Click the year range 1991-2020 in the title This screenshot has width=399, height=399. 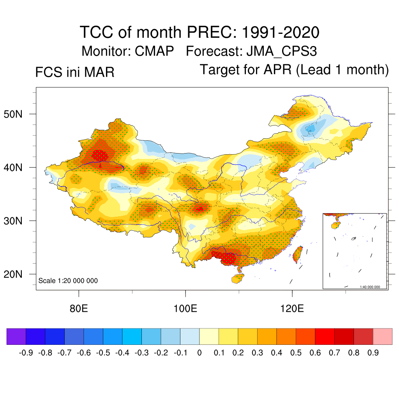(x=281, y=32)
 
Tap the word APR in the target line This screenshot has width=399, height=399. (x=278, y=70)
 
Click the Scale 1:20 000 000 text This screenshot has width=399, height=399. (x=68, y=281)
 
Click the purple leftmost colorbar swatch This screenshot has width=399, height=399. (x=16, y=336)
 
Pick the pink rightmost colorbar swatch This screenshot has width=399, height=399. (x=383, y=336)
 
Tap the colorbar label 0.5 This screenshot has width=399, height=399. (x=296, y=353)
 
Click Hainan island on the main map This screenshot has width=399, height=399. (x=238, y=278)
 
